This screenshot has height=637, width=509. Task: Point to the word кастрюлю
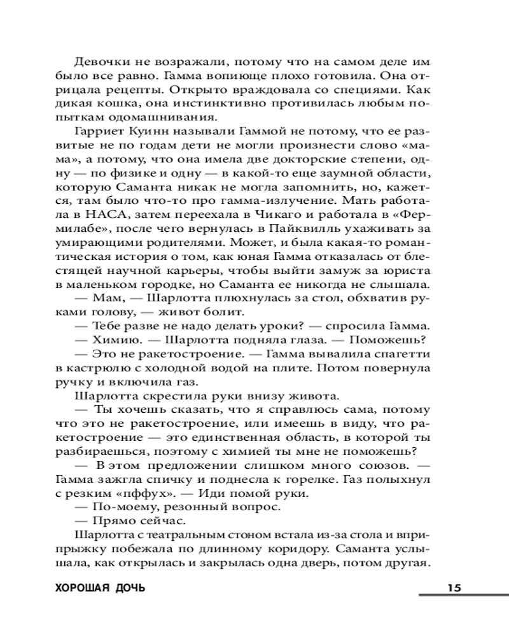point(102,368)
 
